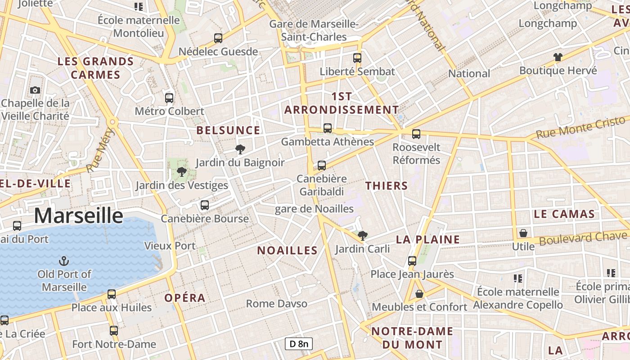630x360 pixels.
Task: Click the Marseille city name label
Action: pyautogui.click(x=79, y=216)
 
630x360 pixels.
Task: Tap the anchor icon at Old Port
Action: pyautogui.click(x=64, y=261)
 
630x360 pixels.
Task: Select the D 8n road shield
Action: pyautogui.click(x=299, y=344)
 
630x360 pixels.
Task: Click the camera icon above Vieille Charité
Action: pyautogui.click(x=35, y=90)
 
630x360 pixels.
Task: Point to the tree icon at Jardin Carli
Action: pyautogui.click(x=362, y=235)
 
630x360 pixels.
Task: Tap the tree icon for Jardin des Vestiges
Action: pyautogui.click(x=182, y=172)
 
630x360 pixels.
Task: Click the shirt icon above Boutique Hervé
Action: pyautogui.click(x=558, y=57)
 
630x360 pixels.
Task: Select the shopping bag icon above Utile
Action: pyautogui.click(x=523, y=233)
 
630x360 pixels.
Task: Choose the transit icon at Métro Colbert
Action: pyautogui.click(x=169, y=98)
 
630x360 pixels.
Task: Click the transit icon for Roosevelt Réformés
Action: pyautogui.click(x=416, y=134)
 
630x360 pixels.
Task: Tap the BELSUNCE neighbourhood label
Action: pyautogui.click(x=228, y=130)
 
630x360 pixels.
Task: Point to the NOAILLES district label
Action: pyautogui.click(x=287, y=251)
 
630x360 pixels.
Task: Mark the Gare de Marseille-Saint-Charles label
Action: pyautogui.click(x=314, y=30)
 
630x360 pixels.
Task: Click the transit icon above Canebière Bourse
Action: pyautogui.click(x=205, y=205)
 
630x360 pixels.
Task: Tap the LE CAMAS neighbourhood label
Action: pyautogui.click(x=564, y=214)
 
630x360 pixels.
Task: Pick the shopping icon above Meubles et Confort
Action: pyautogui.click(x=419, y=294)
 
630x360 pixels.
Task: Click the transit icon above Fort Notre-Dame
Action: pyautogui.click(x=114, y=331)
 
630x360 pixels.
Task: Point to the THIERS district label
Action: pyautogui.click(x=387, y=186)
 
